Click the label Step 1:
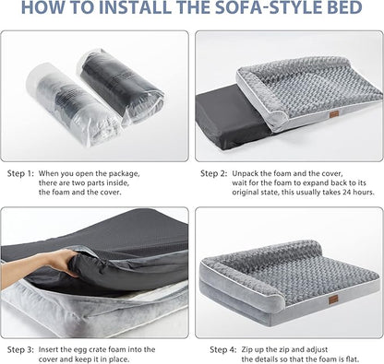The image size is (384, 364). pyautogui.click(x=21, y=173)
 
